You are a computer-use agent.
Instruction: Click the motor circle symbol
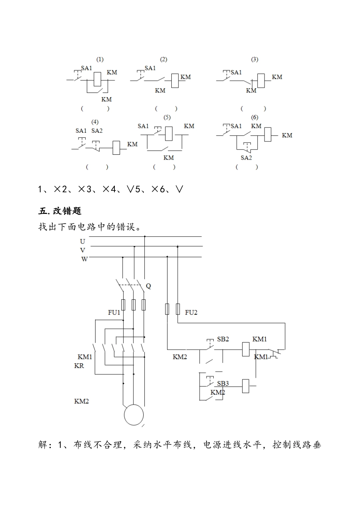tap(134, 415)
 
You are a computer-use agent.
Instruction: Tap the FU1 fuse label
tap(114, 313)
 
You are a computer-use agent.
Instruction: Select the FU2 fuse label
tap(191, 313)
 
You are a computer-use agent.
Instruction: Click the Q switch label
tap(148, 286)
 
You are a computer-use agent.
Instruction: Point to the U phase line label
tap(83, 242)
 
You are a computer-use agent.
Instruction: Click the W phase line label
tap(84, 259)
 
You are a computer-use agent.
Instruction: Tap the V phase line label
tap(83, 250)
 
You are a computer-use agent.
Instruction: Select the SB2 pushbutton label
tap(223, 339)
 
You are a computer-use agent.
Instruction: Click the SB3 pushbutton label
tap(223, 383)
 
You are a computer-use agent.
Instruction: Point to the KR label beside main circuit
tap(79, 366)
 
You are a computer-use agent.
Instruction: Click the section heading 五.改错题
tap(60, 211)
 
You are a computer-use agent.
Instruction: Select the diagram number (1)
tap(100, 60)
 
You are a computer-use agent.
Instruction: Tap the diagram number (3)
tap(255, 60)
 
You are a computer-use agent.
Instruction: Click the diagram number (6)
tap(255, 118)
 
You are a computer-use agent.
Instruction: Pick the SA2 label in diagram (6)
tap(246, 158)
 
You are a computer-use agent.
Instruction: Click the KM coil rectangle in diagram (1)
tap(97, 79)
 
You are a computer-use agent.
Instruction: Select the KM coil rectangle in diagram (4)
tap(117, 148)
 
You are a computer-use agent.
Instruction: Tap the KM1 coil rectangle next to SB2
tap(246, 349)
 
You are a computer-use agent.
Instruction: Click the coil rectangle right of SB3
tap(246, 386)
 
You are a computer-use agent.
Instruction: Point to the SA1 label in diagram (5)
tap(143, 126)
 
